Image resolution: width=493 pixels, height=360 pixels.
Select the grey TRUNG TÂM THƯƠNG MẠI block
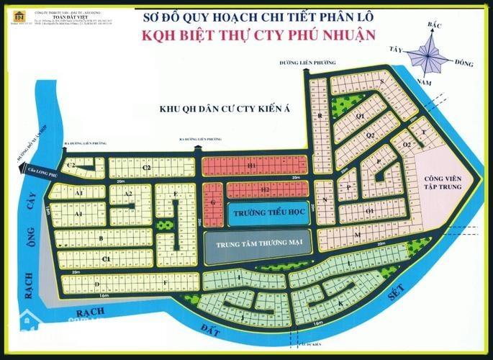coord(260,244)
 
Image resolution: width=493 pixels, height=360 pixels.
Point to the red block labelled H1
coord(253,166)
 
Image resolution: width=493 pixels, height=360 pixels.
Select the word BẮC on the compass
coord(433,25)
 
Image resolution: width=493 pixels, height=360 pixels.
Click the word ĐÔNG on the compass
coord(464,64)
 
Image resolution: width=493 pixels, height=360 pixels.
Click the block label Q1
coord(361,115)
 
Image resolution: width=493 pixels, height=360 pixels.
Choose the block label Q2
coord(371,135)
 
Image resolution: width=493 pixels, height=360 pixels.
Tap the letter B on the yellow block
coord(101,238)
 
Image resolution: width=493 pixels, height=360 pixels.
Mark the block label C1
coord(105,258)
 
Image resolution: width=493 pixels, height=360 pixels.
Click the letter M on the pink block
coord(356,234)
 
